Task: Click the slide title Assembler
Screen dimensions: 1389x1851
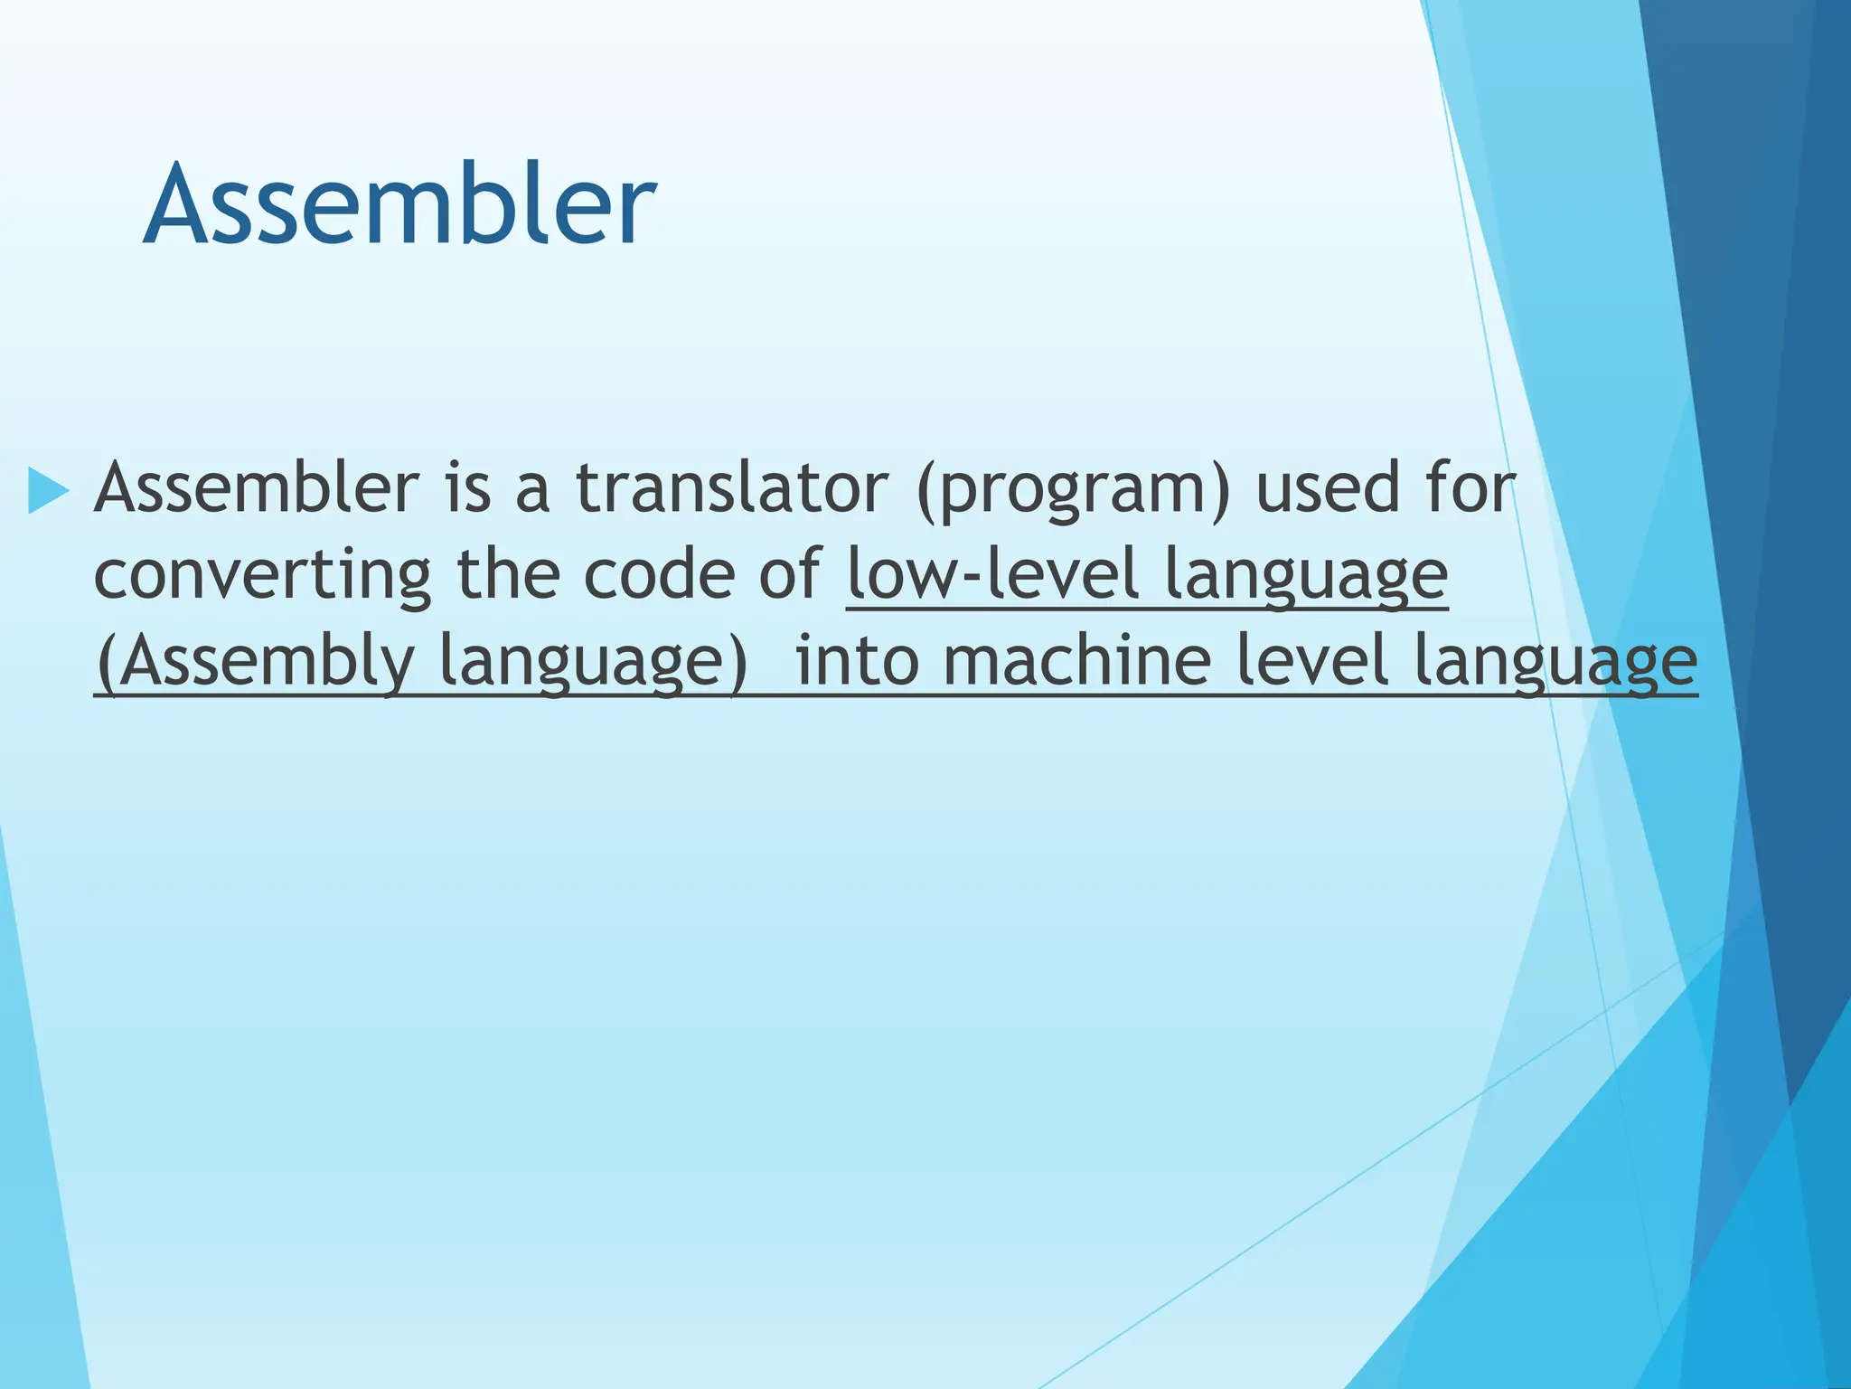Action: (x=399, y=204)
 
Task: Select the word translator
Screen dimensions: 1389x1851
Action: (x=732, y=488)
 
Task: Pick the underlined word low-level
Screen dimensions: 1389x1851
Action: (x=992, y=575)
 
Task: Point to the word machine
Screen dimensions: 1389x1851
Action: (x=1076, y=662)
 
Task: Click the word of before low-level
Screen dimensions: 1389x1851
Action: (x=790, y=575)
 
